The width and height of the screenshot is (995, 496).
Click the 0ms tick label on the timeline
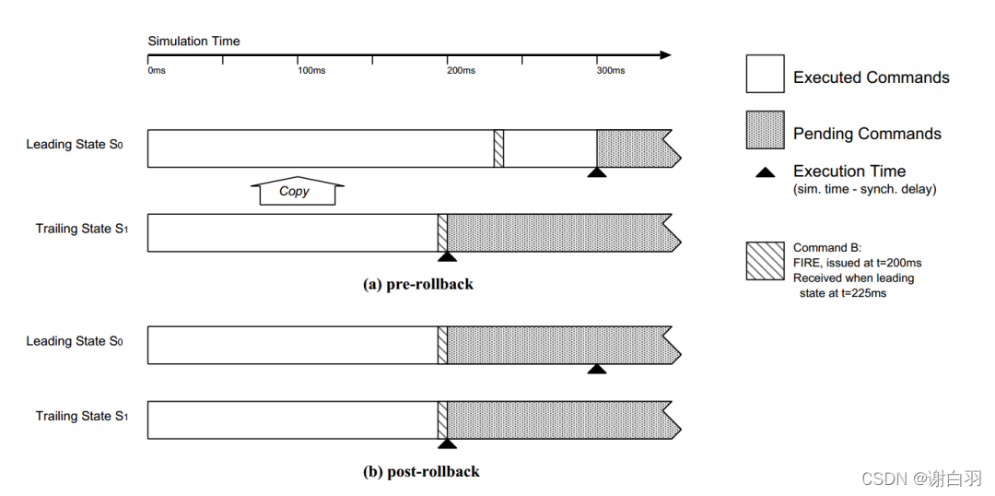pos(157,71)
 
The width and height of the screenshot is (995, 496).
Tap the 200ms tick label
pos(461,71)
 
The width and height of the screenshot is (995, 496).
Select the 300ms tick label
pos(610,71)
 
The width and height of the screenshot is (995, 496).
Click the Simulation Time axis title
pos(193,41)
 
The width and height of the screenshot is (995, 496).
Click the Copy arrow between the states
pos(296,191)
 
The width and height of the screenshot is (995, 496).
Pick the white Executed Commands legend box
pos(765,74)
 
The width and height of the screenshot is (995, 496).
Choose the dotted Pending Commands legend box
pos(765,130)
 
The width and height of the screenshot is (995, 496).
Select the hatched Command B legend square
pos(765,261)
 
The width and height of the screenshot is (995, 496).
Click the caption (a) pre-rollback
pos(418,284)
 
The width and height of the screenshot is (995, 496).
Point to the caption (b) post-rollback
pos(421,472)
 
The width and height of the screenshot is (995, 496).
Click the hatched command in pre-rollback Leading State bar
pos(498,148)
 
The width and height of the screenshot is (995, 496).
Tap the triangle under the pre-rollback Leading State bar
pos(597,172)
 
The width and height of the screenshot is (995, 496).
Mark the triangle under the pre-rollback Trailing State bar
pos(447,256)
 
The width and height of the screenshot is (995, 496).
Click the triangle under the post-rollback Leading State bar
pos(597,369)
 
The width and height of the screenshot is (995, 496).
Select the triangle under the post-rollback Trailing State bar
pos(447,443)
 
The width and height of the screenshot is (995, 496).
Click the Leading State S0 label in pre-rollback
pos(75,145)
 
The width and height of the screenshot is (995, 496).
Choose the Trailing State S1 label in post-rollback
pos(81,417)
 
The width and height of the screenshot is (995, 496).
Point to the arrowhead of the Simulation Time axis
pos(665,55)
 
